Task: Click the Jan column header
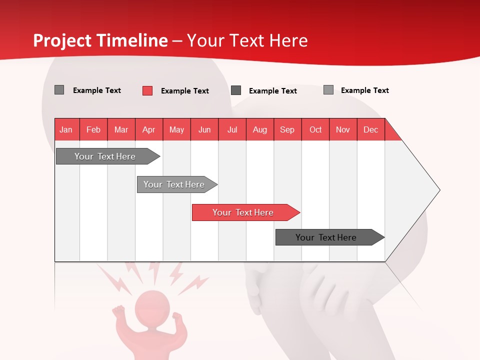coord(66,129)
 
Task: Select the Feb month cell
coord(93,129)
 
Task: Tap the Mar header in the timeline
coord(121,129)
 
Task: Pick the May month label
coord(176,129)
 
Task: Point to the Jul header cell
coord(232,129)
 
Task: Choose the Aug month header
coord(259,129)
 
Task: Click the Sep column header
coord(287,129)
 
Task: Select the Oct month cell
coord(315,129)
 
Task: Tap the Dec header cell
coord(370,129)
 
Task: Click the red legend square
coord(147,90)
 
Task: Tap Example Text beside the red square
coord(184,91)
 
